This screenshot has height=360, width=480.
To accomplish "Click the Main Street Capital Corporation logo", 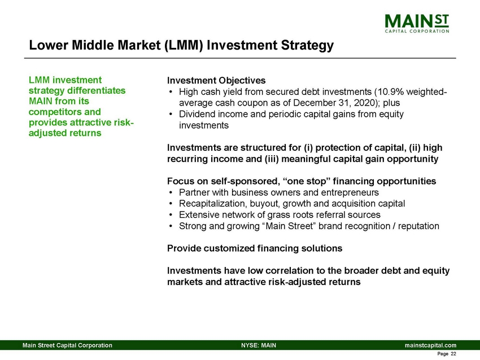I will tap(417, 23).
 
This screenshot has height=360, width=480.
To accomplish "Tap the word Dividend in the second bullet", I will tap(197, 113).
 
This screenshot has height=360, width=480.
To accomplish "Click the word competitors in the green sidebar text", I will tap(53, 112).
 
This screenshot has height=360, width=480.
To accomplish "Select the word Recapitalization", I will tap(213, 203).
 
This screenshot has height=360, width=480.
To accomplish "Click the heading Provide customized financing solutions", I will tap(255, 248).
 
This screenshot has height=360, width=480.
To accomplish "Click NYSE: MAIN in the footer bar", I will tap(258, 345).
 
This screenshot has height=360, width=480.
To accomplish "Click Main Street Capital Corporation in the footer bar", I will tap(67, 345).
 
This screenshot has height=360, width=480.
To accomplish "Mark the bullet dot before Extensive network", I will tap(171, 215).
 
